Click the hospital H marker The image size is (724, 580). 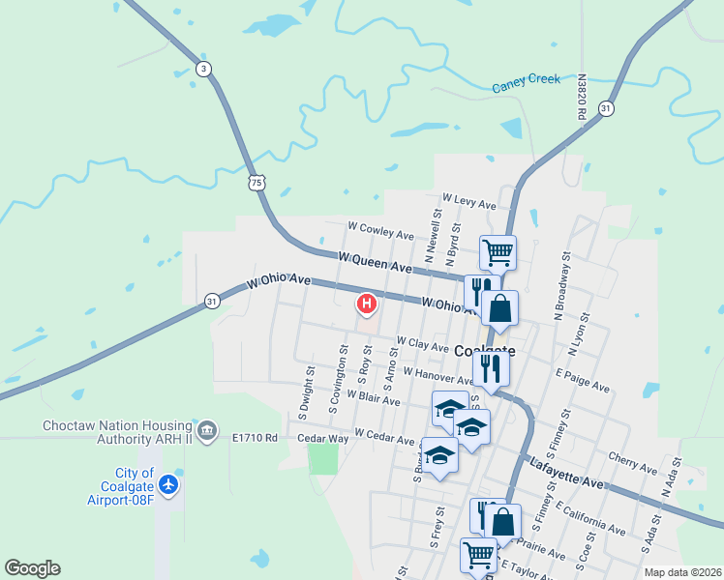coord(367,304)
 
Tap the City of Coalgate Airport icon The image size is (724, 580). coord(169,482)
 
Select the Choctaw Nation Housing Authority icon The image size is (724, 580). coord(206,429)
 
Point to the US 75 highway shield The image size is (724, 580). coord(256,183)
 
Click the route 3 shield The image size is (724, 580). coord(202,69)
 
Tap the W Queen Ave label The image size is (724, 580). coord(375,262)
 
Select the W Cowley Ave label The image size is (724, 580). coord(380,231)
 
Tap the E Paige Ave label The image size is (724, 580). coord(583,379)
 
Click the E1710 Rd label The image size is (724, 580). coord(255,438)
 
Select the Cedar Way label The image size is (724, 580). coord(322,438)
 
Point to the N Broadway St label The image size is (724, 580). coord(562,287)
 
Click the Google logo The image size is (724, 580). coord(32,568)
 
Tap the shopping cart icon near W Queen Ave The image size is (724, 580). coord(498,253)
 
